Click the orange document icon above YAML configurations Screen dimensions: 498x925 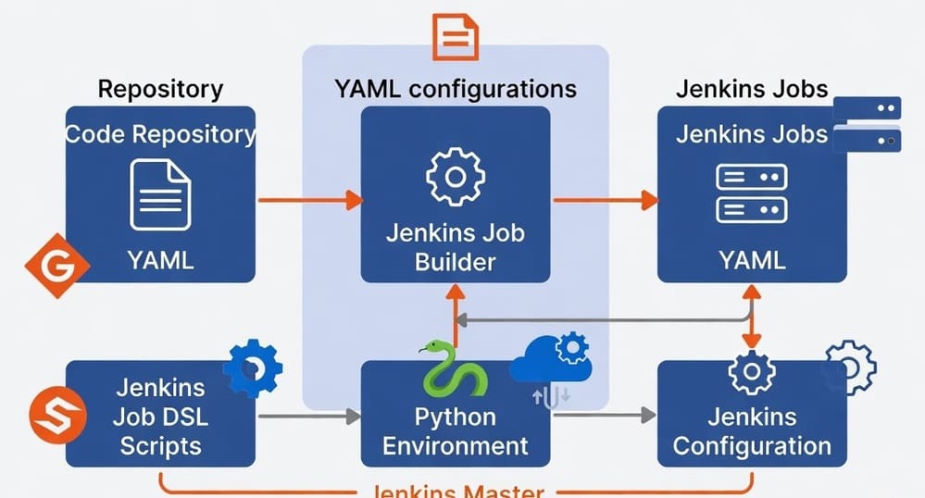tap(456, 38)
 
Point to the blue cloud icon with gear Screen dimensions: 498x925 tap(552, 361)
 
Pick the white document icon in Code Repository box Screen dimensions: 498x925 tap(160, 194)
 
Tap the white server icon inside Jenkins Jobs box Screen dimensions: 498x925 tap(751, 193)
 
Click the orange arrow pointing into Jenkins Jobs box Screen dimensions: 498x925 tap(606, 199)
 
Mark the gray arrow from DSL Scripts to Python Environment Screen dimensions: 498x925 tap(308, 417)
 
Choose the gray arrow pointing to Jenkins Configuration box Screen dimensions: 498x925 tap(606, 417)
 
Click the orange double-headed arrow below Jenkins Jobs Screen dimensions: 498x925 tap(752, 316)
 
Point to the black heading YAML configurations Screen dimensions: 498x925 tap(455, 89)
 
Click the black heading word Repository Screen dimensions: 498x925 tap(160, 89)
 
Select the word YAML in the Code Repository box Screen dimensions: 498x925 tap(160, 260)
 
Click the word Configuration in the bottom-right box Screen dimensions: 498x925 tap(752, 446)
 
